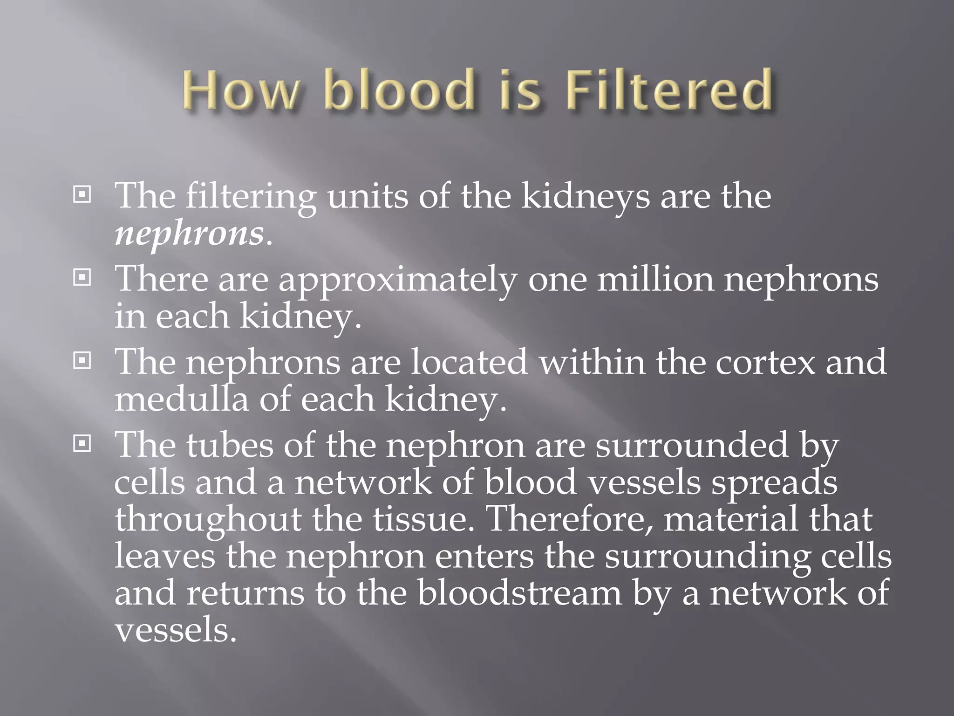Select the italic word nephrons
tap(189, 234)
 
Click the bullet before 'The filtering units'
tap(82, 195)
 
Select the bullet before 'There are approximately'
tap(82, 278)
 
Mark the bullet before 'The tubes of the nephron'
tap(82, 444)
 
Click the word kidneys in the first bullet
tap(585, 198)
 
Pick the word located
tap(469, 362)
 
